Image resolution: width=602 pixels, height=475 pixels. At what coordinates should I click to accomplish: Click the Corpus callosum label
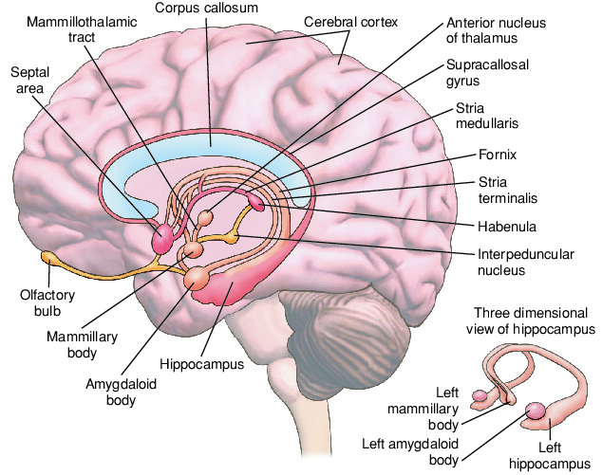coord(206,8)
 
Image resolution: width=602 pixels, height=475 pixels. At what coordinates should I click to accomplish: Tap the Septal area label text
coord(30,81)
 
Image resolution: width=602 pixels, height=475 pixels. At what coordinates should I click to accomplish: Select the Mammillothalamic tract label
coord(82,29)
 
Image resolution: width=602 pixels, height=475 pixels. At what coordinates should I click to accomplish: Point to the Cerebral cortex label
coord(350,22)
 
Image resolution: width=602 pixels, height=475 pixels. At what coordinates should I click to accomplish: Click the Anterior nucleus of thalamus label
coord(496,30)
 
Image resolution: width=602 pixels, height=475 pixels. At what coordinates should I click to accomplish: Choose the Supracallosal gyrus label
coord(487,72)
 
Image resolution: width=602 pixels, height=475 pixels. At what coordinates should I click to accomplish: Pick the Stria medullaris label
coord(487,116)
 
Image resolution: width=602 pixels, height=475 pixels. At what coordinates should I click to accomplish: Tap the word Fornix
coord(498,155)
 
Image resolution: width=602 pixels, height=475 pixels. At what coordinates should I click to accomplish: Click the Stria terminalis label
coord(508,190)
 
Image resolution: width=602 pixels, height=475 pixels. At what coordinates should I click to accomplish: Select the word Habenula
coord(507,227)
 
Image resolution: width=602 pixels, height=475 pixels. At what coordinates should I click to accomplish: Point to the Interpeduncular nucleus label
coord(526,262)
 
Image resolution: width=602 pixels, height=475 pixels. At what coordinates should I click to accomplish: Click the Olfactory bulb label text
coord(47,302)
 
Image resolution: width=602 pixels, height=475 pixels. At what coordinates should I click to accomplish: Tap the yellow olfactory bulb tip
coord(48,257)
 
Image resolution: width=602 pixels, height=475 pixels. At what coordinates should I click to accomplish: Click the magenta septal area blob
coord(162,239)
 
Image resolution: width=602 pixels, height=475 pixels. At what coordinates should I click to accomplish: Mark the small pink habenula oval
coord(256,202)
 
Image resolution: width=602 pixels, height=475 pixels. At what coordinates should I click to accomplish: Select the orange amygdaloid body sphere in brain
coord(197,279)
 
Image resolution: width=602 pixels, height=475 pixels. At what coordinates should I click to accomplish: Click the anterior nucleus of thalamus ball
coord(205,218)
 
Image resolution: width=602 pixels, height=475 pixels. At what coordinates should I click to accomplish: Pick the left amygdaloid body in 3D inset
coord(536,411)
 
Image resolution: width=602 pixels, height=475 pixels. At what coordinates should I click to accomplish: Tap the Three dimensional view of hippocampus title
coord(531,320)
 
